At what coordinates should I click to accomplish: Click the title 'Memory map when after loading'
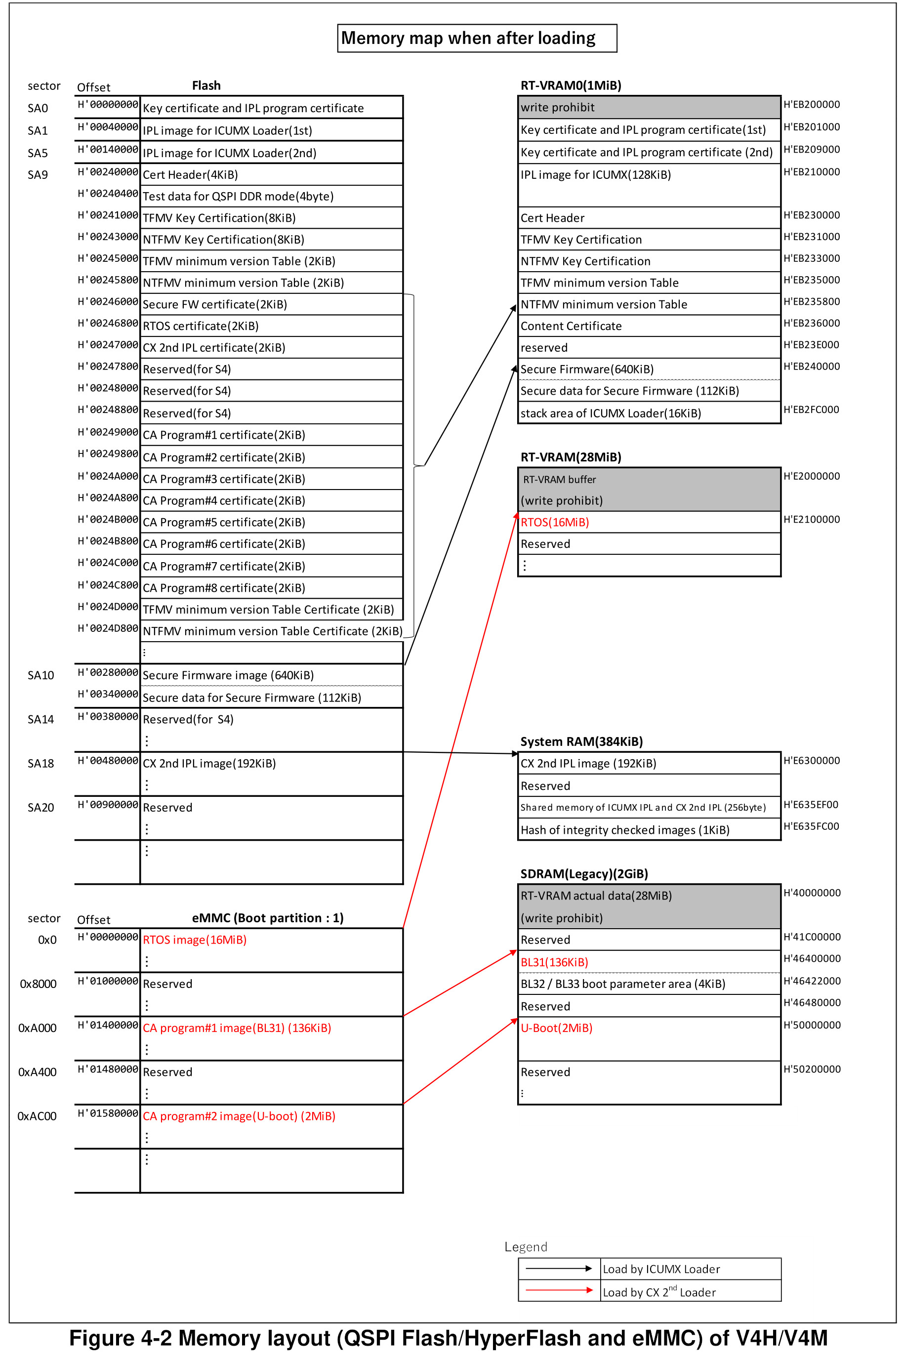468,38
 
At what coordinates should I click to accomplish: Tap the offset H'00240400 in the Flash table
108,194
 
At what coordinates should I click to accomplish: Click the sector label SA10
41,675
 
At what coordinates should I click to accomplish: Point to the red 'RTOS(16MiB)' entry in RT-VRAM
555,522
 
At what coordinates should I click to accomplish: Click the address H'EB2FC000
811,410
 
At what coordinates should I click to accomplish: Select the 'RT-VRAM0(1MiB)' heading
571,85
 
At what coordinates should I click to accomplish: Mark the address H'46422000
812,981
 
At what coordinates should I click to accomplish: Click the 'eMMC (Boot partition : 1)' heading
268,918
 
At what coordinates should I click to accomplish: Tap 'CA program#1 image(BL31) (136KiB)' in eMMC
237,1028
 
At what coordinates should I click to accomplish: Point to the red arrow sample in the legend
559,1290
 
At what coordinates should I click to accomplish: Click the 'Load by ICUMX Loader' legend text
661,1269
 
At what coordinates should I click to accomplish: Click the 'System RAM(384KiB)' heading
581,741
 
